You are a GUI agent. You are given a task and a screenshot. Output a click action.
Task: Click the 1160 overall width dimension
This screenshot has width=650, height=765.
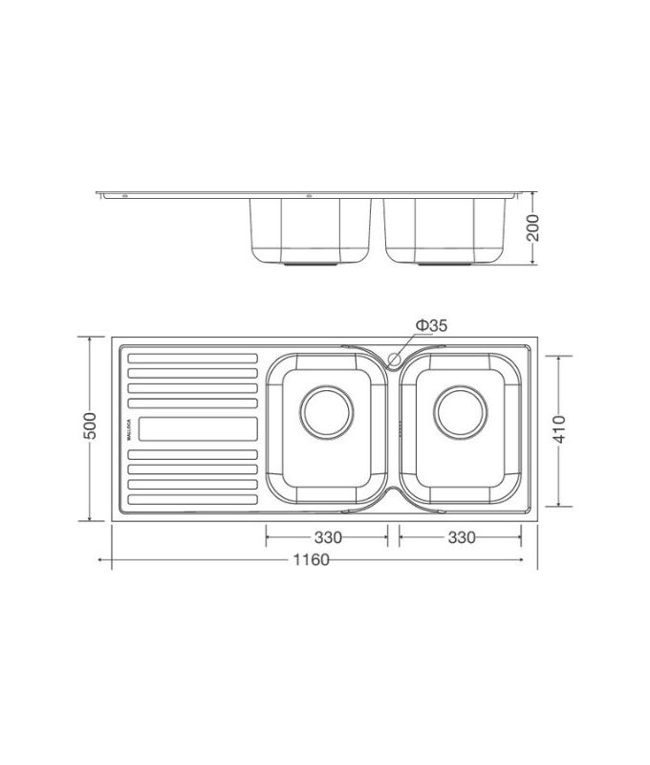pyautogui.click(x=314, y=559)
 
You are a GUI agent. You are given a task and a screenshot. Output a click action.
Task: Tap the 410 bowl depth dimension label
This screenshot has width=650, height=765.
pyautogui.click(x=559, y=428)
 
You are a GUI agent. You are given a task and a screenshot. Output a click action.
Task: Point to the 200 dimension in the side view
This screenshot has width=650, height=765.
pyautogui.click(x=533, y=228)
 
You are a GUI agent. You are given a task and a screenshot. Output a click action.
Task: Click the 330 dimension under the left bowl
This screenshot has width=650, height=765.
pyautogui.click(x=327, y=537)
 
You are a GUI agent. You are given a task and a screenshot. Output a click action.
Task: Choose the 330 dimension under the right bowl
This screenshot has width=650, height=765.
pyautogui.click(x=461, y=537)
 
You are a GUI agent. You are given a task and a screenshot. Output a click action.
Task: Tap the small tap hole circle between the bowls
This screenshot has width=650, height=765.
pyautogui.click(x=393, y=359)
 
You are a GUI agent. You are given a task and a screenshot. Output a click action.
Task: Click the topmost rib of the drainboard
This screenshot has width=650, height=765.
pyautogui.click(x=192, y=360)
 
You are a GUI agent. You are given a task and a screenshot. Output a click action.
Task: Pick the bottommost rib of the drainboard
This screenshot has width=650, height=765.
pyautogui.click(x=192, y=498)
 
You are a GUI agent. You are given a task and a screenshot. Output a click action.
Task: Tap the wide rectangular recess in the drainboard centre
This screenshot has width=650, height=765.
pyautogui.click(x=198, y=429)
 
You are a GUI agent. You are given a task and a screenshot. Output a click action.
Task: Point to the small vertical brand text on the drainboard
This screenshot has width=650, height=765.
pyautogui.click(x=127, y=429)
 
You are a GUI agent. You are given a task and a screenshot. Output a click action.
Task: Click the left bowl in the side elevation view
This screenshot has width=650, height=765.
pyautogui.click(x=309, y=229)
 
